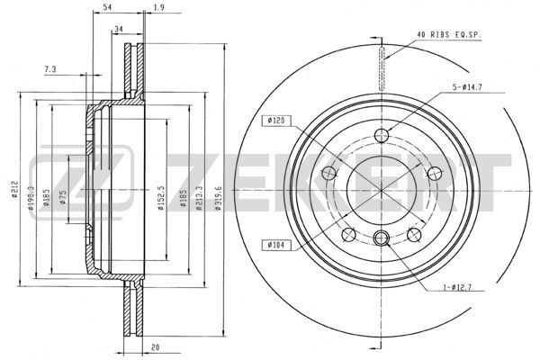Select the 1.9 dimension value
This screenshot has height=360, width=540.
158,8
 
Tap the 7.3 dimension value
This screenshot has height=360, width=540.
49,68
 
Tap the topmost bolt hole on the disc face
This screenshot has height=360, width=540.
382,137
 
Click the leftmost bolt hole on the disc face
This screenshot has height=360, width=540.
329,174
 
